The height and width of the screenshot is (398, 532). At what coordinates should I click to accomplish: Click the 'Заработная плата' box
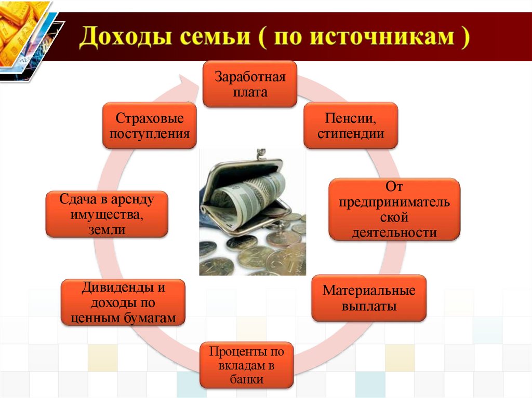click(x=249, y=85)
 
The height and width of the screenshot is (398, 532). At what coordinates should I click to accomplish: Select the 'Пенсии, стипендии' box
click(x=351, y=126)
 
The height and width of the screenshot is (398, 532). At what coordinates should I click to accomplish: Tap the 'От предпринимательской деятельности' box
click(x=395, y=209)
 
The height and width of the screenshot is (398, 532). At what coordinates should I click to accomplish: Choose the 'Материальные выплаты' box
click(x=369, y=298)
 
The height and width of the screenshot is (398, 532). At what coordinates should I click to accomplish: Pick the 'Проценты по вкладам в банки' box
click(x=247, y=365)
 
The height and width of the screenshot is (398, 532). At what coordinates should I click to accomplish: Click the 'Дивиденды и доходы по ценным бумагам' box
click(x=123, y=303)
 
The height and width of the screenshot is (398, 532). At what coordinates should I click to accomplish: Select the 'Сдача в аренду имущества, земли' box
click(x=107, y=214)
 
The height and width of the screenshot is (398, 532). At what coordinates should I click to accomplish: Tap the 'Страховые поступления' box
click(x=150, y=126)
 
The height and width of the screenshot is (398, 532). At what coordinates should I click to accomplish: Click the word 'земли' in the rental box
click(x=107, y=229)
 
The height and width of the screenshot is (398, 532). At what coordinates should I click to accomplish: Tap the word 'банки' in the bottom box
click(x=247, y=379)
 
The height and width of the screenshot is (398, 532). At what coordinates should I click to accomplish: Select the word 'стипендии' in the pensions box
click(x=351, y=134)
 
